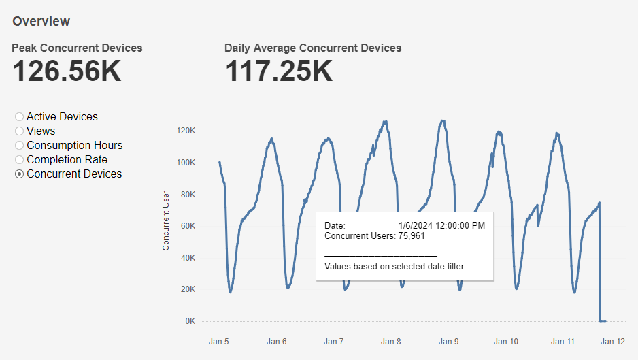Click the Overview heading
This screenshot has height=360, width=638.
pyautogui.click(x=41, y=21)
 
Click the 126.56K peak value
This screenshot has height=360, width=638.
pyautogui.click(x=67, y=71)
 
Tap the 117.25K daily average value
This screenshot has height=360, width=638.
pyautogui.click(x=279, y=71)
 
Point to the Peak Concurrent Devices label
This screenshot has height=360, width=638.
pyautogui.click(x=77, y=48)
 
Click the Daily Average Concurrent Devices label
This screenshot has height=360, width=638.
pyautogui.click(x=313, y=48)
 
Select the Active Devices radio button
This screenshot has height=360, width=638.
pyautogui.click(x=19, y=117)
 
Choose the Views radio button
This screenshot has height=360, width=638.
pyautogui.click(x=19, y=131)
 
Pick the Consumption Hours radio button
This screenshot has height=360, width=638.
pyautogui.click(x=19, y=146)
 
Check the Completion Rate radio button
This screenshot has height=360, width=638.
pyautogui.click(x=19, y=160)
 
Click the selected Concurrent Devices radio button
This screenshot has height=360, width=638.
pyautogui.click(x=19, y=174)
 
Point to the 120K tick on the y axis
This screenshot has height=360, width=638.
pyautogui.click(x=186, y=131)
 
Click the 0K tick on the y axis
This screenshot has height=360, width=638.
pyautogui.click(x=190, y=321)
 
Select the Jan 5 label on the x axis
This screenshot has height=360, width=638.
pyautogui.click(x=219, y=342)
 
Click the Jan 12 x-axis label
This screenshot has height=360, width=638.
pyautogui.click(x=613, y=342)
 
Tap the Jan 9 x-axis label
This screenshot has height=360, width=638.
pyautogui.click(x=448, y=342)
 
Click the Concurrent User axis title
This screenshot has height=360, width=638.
pyautogui.click(x=166, y=220)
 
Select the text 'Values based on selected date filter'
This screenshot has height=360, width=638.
pyautogui.click(x=395, y=267)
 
